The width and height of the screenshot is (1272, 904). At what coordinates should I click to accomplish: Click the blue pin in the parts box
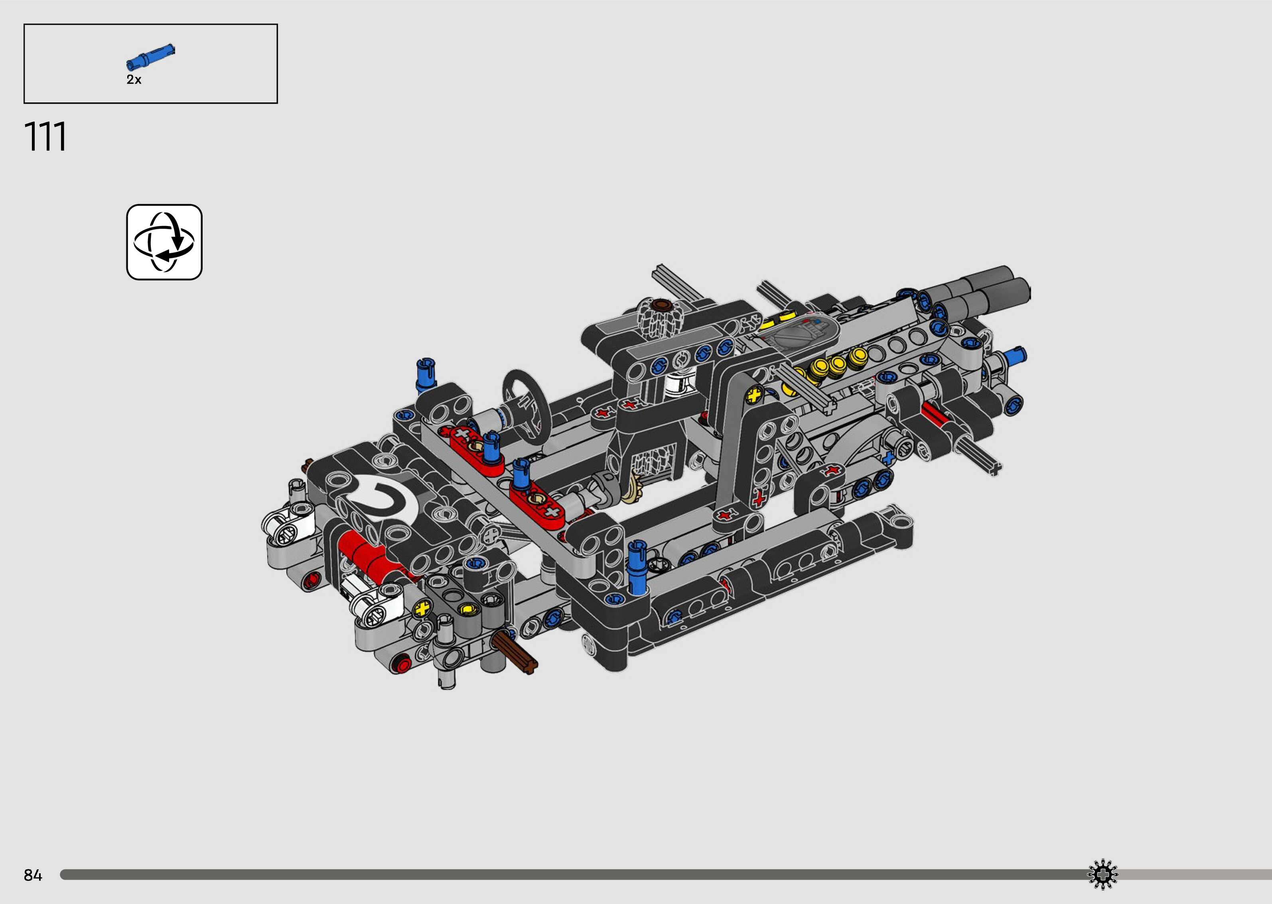point(150,56)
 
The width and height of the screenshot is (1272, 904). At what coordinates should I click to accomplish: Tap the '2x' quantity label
point(134,80)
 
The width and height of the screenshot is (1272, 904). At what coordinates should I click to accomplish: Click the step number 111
point(45,137)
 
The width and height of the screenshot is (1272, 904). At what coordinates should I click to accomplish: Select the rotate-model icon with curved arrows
point(164,242)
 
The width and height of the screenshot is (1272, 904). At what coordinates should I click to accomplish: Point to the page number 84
point(33,876)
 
